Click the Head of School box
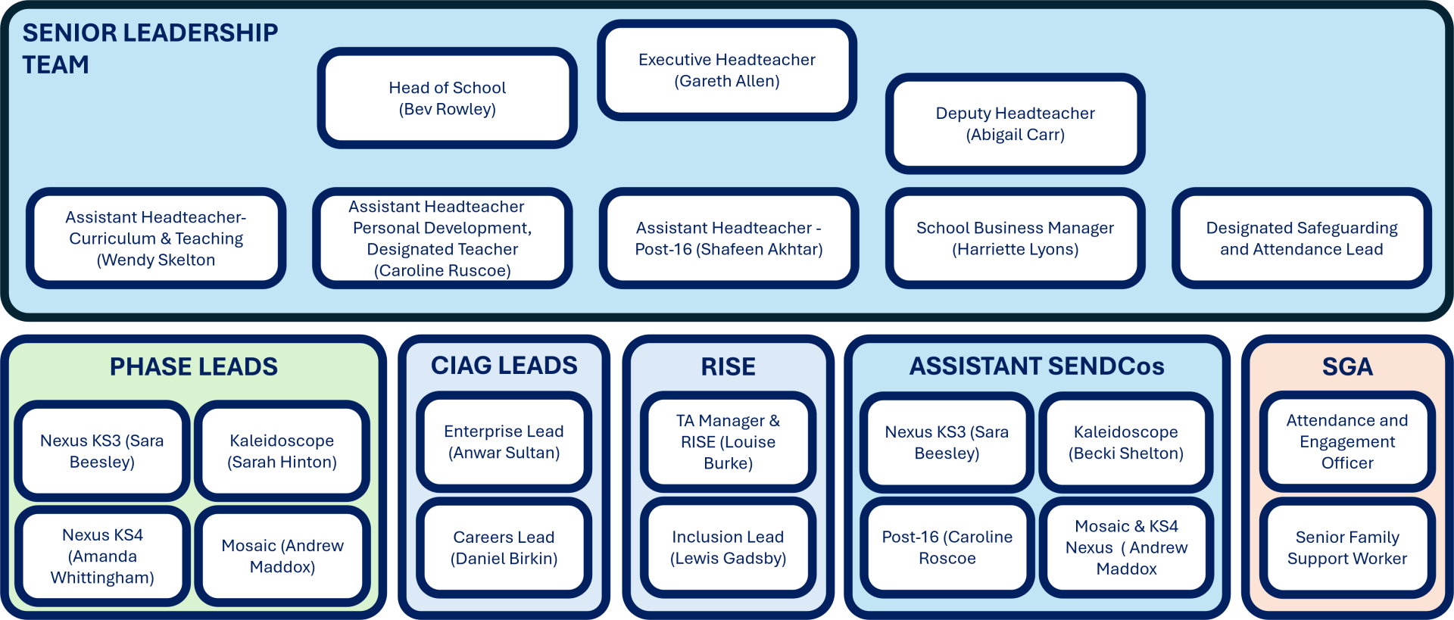point(447,98)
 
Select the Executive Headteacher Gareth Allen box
point(727,70)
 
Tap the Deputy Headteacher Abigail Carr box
point(1015,124)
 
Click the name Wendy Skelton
point(156,260)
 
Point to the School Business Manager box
point(1015,238)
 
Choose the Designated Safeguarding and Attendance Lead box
point(1301,238)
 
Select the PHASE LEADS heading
point(194,366)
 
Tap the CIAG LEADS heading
point(504,366)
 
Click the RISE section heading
point(728,367)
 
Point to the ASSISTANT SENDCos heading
point(1037,366)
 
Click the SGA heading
point(1347,367)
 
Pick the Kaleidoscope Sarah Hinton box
point(282,451)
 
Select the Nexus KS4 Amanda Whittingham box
point(102,556)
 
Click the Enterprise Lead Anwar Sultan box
point(504,442)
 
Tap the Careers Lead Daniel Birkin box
point(504,547)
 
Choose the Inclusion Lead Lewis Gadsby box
point(728,547)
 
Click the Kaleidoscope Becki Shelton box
point(1125,443)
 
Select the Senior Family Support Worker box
point(1347,547)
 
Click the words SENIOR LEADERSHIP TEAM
point(150,48)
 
